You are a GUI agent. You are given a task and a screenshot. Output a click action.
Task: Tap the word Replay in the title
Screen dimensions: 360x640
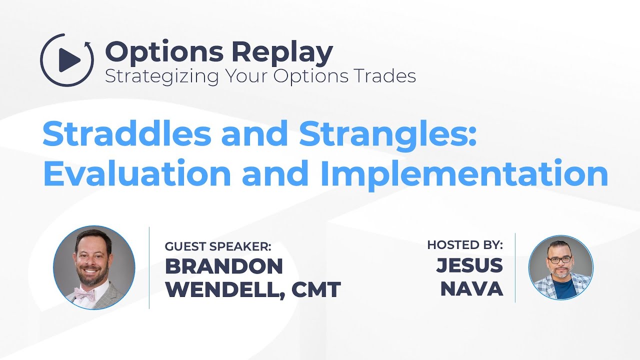pos(283,51)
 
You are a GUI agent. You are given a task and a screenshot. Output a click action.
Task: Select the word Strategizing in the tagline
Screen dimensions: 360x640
pos(162,76)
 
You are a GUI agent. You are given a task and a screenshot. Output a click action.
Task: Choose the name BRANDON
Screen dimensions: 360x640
pos(223,266)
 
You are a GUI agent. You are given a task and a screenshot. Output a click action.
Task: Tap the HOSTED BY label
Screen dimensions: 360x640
pos(464,245)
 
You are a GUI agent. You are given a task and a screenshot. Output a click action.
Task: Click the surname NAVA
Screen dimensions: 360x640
pos(471,289)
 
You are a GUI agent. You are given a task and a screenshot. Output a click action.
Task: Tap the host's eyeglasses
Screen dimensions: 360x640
pos(560,260)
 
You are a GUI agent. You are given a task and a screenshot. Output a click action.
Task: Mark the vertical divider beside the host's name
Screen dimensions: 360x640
pos(515,267)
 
